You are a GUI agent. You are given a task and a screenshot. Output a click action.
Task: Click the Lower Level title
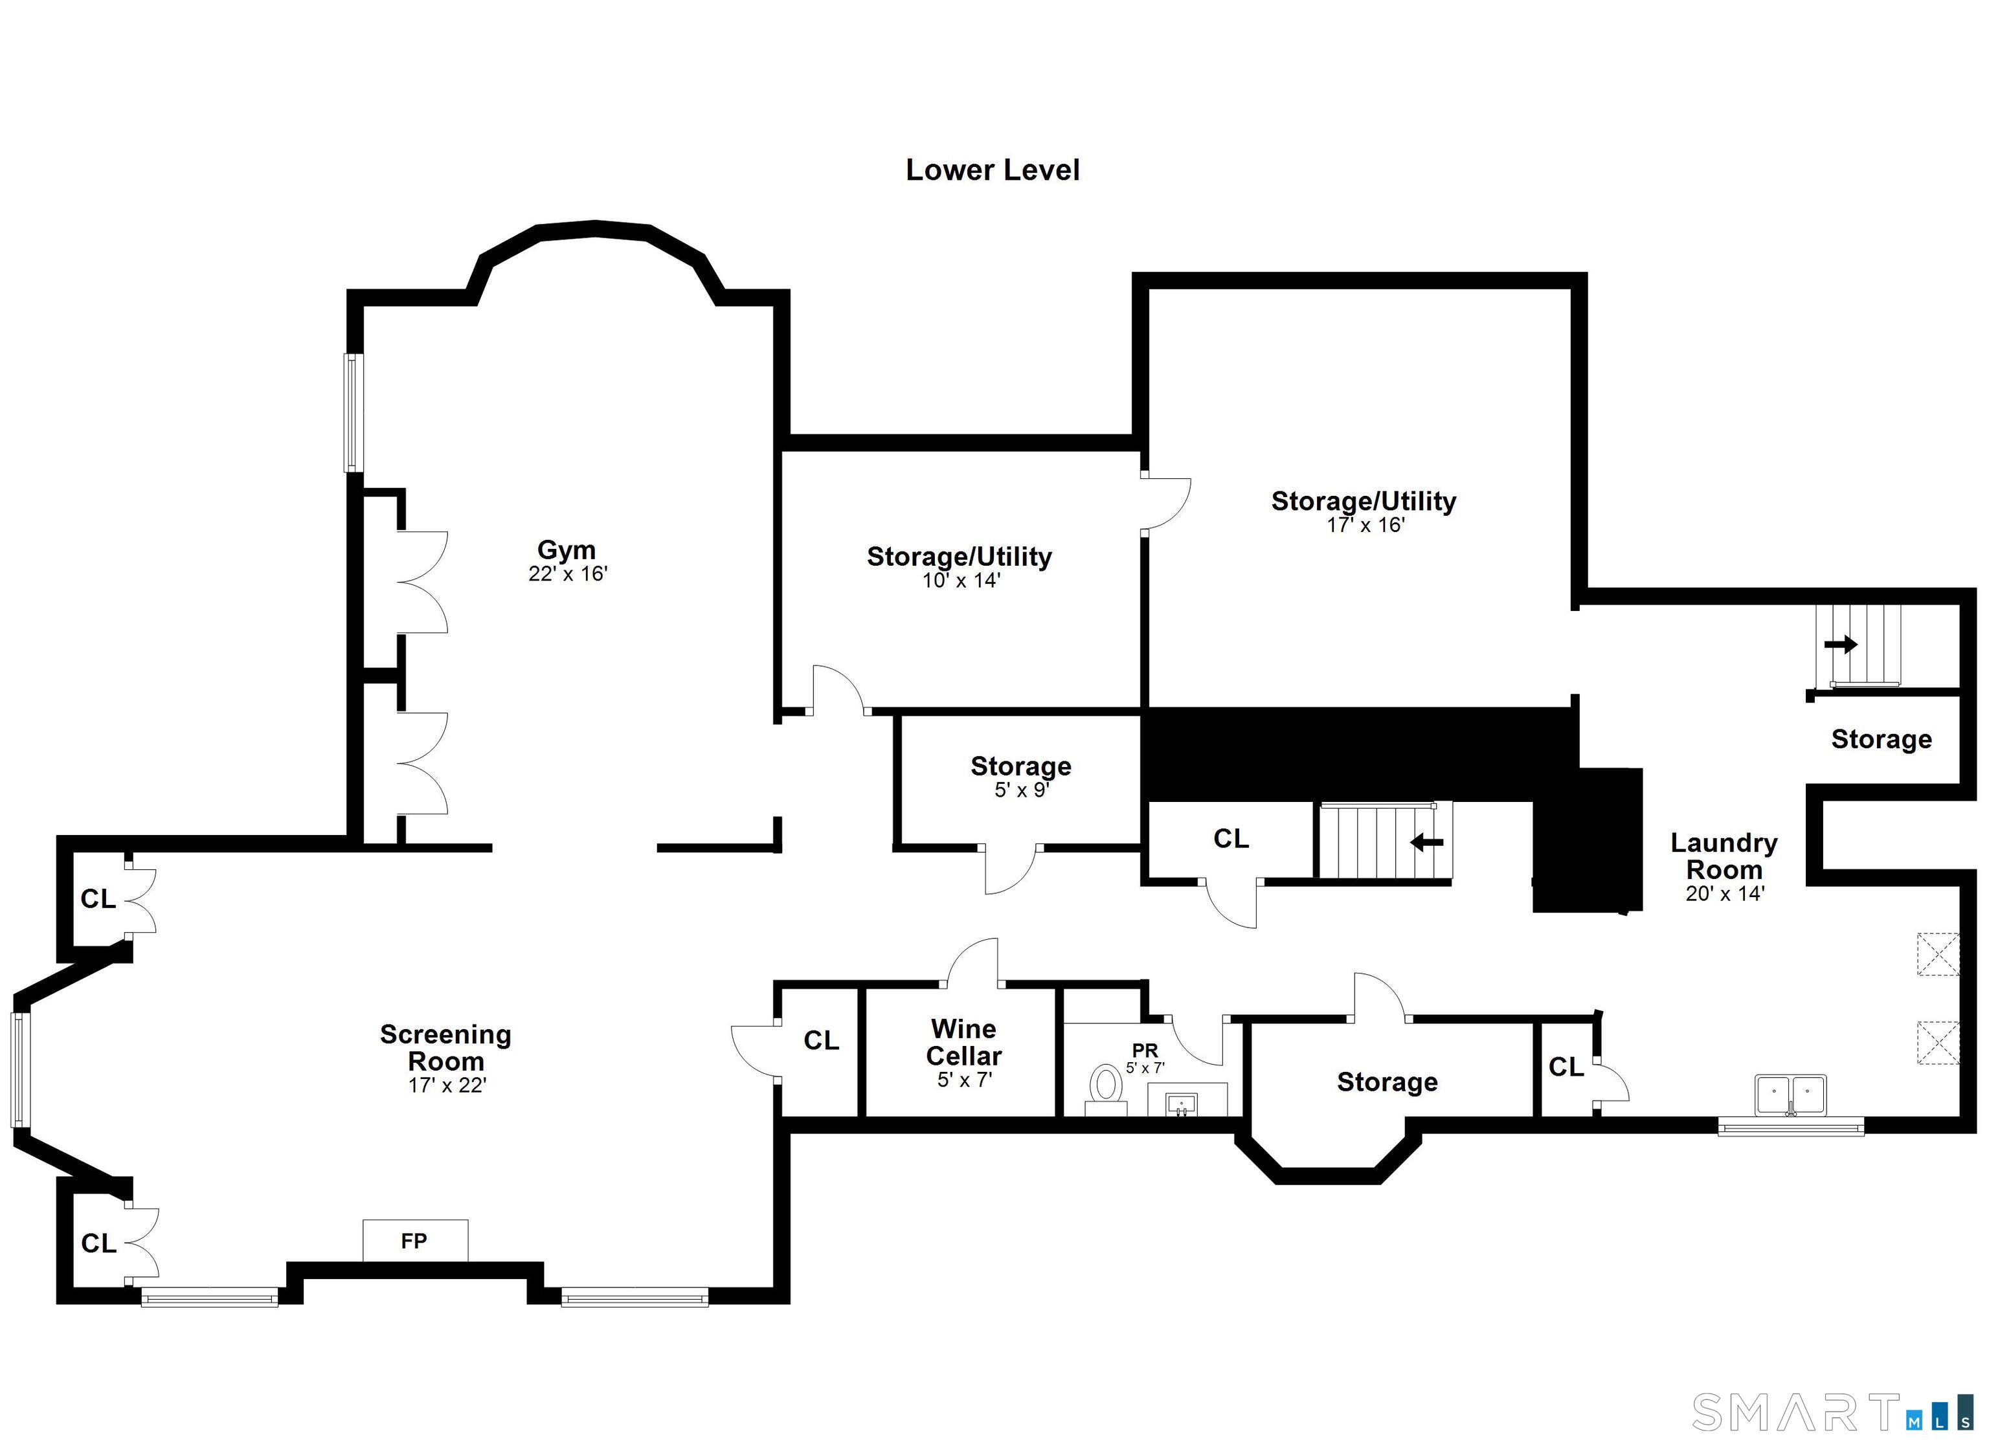tap(992, 170)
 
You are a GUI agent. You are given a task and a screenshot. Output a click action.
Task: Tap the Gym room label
tap(567, 550)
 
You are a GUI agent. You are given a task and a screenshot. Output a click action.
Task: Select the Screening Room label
tap(445, 1047)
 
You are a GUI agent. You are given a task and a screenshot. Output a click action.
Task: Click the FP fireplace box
tap(415, 1241)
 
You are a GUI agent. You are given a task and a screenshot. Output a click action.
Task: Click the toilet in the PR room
tap(1105, 1088)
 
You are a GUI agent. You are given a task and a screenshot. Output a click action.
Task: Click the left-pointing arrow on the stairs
tap(1426, 843)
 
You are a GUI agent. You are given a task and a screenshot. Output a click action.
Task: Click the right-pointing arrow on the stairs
tap(1841, 645)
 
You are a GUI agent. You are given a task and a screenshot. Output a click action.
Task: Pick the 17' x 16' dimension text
tap(1365, 526)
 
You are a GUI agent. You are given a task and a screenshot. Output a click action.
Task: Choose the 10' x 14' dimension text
tap(961, 581)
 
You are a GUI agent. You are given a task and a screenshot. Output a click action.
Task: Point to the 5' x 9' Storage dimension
tap(1022, 790)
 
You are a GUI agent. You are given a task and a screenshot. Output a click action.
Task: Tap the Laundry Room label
tap(1724, 856)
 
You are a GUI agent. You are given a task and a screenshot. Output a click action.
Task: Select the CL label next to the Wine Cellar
tap(821, 1040)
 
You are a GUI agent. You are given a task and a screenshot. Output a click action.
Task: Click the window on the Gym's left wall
tap(353, 412)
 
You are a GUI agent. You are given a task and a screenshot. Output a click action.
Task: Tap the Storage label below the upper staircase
tap(1881, 739)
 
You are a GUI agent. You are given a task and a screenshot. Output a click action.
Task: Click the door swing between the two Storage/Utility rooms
tap(1166, 504)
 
